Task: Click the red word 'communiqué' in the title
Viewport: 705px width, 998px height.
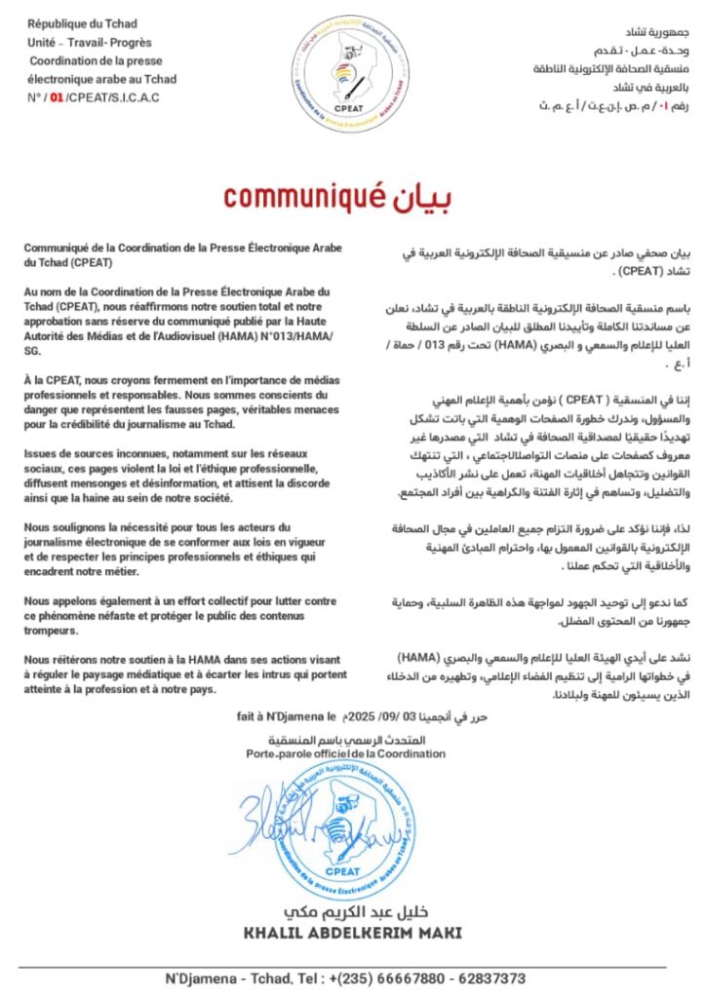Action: click(297, 196)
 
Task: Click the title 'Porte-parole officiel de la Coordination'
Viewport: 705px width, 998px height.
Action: click(345, 753)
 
